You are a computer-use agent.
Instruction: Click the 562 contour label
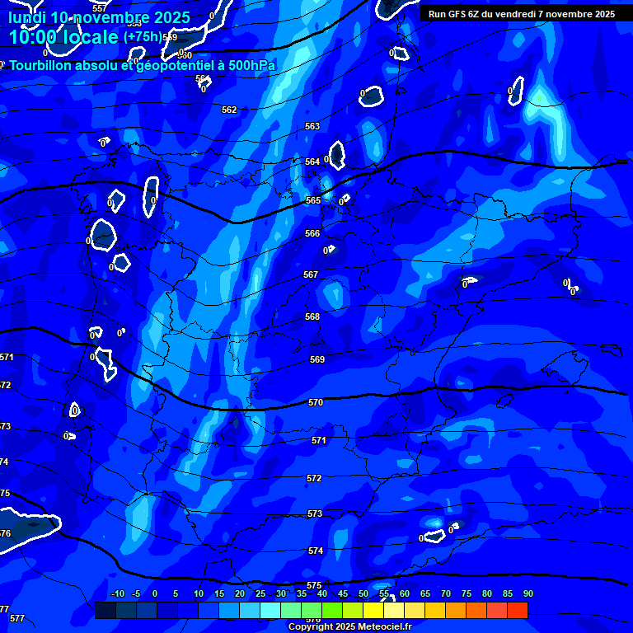tap(229, 110)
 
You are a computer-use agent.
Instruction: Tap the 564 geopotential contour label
tap(312, 162)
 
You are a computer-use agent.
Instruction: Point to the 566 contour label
tap(312, 234)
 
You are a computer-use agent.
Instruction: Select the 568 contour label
tap(312, 317)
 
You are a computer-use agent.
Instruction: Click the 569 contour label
tap(317, 360)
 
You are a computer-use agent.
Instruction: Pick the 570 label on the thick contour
tap(315, 403)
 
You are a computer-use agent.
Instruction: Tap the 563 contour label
tap(312, 127)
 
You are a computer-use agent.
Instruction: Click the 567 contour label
tap(311, 275)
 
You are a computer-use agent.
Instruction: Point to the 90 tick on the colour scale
tap(527, 593)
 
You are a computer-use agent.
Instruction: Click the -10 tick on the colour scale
tap(118, 593)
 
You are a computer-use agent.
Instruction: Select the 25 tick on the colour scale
tap(260, 593)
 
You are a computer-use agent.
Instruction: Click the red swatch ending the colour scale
tap(518, 610)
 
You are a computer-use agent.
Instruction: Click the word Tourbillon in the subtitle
tap(46, 66)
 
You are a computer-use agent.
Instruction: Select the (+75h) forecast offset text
tap(143, 37)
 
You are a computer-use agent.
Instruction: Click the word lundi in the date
tap(26, 17)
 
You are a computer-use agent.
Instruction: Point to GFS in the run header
tap(456, 14)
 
